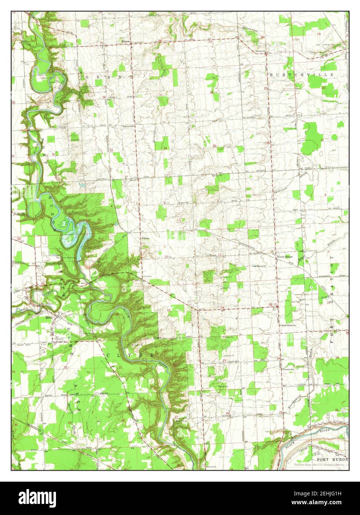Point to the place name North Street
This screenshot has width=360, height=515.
pos(285,257)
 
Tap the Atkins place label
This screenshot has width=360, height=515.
pos(145,239)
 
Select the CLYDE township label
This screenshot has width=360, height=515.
pos(130,355)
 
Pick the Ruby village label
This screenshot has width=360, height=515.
pos(49,318)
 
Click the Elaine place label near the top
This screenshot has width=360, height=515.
pos(126,41)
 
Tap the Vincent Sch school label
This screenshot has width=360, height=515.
pos(288,369)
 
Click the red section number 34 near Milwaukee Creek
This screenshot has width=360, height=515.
pos(165,148)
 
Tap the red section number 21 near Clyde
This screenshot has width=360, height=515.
pos(121,367)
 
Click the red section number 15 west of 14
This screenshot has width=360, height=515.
pos(169,310)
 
